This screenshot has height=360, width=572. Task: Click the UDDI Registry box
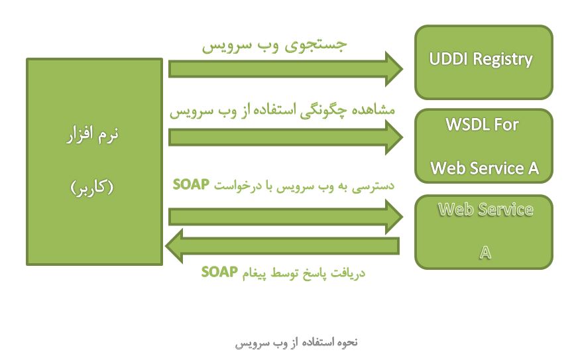pyautogui.click(x=484, y=62)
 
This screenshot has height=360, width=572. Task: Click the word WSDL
pyautogui.click(x=468, y=125)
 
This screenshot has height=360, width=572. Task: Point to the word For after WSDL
pyautogui.click(x=506, y=125)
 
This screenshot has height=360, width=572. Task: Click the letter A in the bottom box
pyautogui.click(x=485, y=253)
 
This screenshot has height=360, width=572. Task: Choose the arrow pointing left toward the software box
pyautogui.click(x=282, y=246)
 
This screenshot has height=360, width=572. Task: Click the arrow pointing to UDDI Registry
pyautogui.click(x=286, y=69)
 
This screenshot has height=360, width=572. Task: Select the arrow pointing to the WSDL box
pyautogui.click(x=286, y=137)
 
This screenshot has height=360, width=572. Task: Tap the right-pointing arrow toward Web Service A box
pyautogui.click(x=286, y=217)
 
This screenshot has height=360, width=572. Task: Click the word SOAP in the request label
pyautogui.click(x=191, y=184)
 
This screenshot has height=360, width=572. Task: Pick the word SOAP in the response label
pyautogui.click(x=219, y=272)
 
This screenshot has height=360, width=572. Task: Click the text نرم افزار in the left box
pyautogui.click(x=93, y=134)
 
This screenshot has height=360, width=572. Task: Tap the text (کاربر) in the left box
pyautogui.click(x=92, y=188)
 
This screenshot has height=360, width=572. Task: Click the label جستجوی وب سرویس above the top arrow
pyautogui.click(x=274, y=46)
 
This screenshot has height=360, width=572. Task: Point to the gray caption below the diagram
pyautogui.click(x=296, y=343)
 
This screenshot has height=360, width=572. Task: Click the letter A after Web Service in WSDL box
pyautogui.click(x=534, y=168)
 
